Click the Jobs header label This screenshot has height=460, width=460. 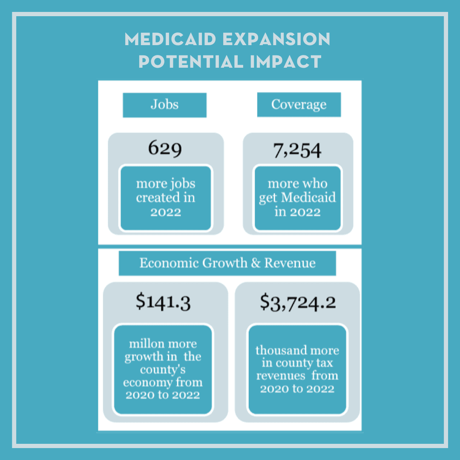tap(164, 105)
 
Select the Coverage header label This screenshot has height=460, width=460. tap(299, 105)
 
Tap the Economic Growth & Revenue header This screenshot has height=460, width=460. tap(227, 263)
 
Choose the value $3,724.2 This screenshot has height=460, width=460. tap(298, 302)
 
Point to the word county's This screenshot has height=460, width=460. tap(163, 369)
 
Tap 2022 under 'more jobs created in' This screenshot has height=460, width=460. tap(165, 212)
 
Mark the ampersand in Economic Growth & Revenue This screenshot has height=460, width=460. tap(256, 263)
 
